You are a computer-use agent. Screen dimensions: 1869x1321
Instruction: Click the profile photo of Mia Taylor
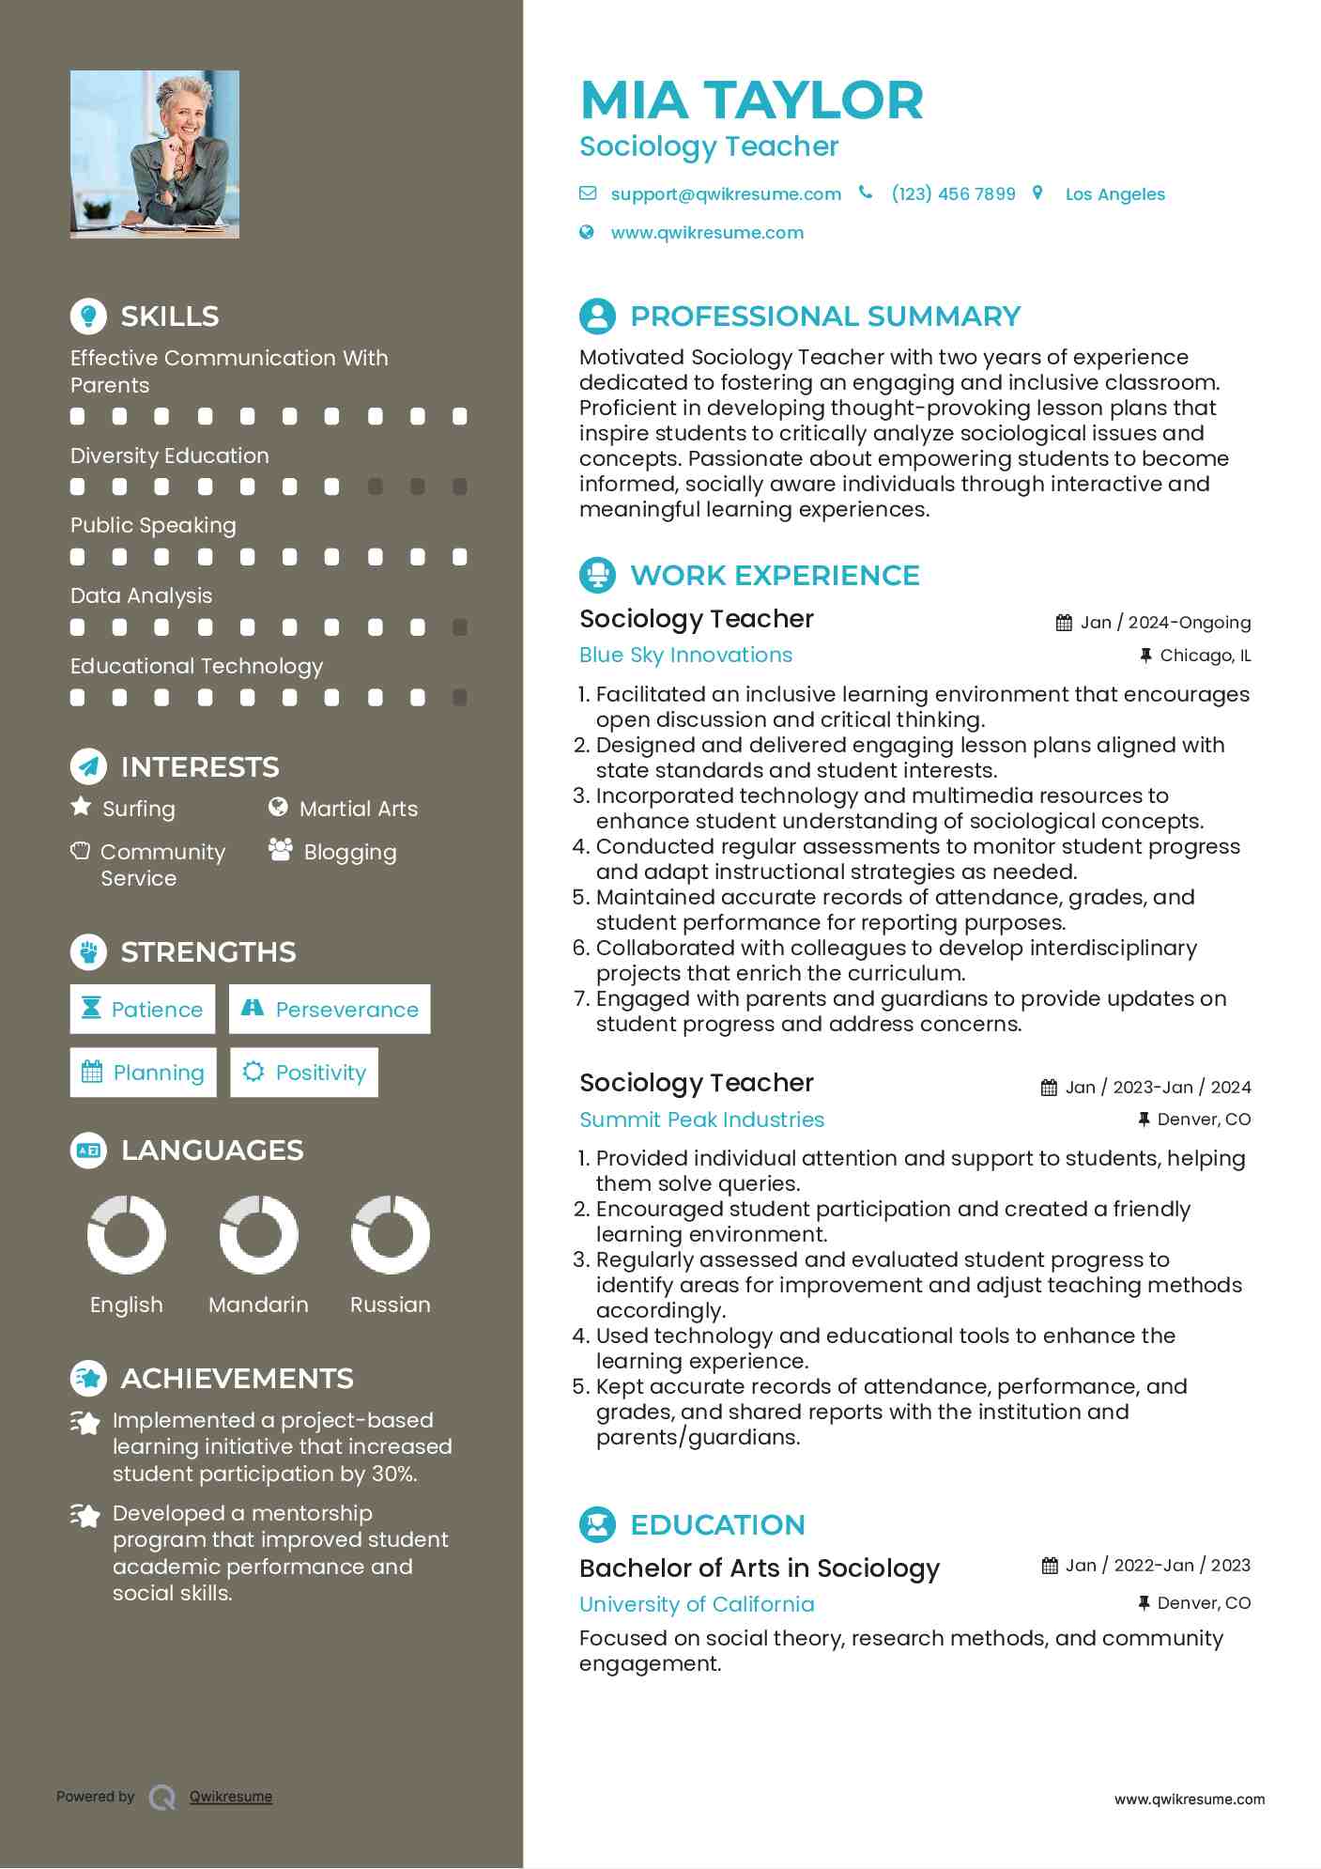tap(154, 154)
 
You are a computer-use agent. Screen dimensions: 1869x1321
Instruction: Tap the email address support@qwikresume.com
tap(725, 194)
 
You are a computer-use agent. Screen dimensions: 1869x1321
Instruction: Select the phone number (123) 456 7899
tap(953, 194)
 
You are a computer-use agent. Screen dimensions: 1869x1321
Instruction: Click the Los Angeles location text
tap(1114, 194)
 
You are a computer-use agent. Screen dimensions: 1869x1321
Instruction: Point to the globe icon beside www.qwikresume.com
tap(587, 232)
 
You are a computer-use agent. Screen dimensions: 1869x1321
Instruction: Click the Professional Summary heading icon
tap(597, 317)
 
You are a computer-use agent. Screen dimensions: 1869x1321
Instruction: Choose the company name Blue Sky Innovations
tap(685, 656)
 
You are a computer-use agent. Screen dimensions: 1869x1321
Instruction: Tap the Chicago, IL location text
tap(1205, 656)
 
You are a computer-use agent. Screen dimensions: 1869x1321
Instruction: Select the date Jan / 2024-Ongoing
tap(1165, 623)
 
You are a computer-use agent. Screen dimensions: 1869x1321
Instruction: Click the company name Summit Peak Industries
tap(701, 1120)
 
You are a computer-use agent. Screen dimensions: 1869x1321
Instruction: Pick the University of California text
tap(697, 1604)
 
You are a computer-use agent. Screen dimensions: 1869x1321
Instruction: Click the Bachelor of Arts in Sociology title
tap(760, 1568)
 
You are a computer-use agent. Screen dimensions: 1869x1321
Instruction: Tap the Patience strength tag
tap(143, 1010)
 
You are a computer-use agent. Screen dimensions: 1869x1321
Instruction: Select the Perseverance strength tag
tap(330, 1010)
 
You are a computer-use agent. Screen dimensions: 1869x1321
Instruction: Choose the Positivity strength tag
tap(304, 1073)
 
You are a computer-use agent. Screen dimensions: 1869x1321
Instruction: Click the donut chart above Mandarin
tap(258, 1234)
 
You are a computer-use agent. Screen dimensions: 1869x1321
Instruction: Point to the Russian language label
tap(390, 1305)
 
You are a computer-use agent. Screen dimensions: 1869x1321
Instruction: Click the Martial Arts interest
tap(358, 809)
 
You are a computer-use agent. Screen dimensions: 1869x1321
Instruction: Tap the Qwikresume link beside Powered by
tap(231, 1797)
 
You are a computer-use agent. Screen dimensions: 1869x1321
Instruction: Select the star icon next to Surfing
tap(82, 807)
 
